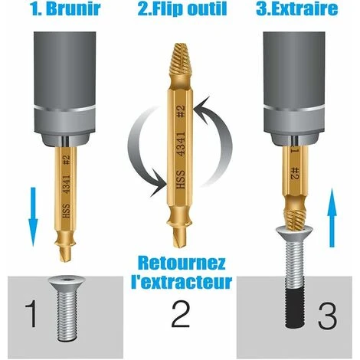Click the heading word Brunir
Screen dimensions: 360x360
(x=74, y=9)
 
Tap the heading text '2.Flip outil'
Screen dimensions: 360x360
(x=182, y=9)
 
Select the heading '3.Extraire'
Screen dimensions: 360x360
(x=296, y=8)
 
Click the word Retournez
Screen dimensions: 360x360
(x=182, y=263)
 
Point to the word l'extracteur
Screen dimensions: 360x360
(x=182, y=282)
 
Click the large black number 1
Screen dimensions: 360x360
(x=31, y=314)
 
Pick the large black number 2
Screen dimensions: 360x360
(x=181, y=314)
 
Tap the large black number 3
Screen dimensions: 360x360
(x=328, y=316)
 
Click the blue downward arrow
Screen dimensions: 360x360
(x=33, y=217)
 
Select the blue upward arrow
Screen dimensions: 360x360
(x=332, y=218)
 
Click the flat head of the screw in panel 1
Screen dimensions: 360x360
(x=67, y=283)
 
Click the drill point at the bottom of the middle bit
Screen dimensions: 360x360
(x=178, y=237)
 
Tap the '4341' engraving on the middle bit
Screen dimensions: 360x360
(x=181, y=144)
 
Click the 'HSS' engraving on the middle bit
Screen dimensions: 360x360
(x=181, y=180)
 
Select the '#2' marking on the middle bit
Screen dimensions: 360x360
(x=181, y=111)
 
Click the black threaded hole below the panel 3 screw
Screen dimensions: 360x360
(x=295, y=308)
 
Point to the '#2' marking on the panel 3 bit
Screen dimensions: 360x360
(x=295, y=174)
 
